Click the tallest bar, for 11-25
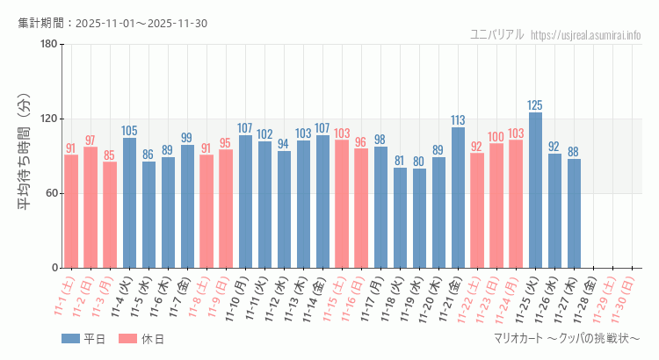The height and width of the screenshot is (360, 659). tap(535, 190)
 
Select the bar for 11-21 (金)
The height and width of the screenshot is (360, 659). tap(458, 198)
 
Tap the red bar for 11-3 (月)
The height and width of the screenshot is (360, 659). tap(110, 214)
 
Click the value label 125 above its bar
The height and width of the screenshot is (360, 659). tap(535, 105)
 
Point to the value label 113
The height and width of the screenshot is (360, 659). tap(458, 120)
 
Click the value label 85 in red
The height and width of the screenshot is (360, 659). tap(110, 155)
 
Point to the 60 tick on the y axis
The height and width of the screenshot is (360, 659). tap(50, 193)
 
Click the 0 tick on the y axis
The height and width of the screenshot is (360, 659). tap(53, 268)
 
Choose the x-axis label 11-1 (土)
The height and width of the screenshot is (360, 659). tap(64, 295)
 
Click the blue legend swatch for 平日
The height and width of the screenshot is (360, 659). tap(71, 338)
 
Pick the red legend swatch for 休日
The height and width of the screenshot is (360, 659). tap(127, 338)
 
